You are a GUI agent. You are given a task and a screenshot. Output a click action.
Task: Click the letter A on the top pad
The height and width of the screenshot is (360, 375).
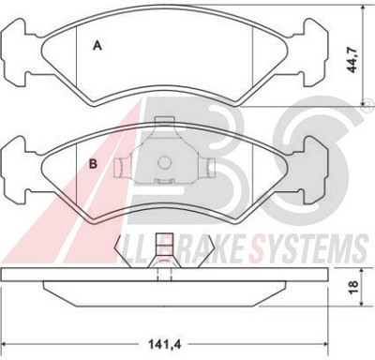tap(97, 46)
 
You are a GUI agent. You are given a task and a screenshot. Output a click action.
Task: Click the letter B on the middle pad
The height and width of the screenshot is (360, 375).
tap(93, 163)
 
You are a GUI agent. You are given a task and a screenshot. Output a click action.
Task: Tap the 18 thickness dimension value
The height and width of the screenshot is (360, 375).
tap(353, 287)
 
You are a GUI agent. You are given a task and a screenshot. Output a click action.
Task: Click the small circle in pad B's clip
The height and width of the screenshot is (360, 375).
tap(164, 162)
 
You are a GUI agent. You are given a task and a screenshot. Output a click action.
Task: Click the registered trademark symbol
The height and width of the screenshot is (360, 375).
tap(368, 102)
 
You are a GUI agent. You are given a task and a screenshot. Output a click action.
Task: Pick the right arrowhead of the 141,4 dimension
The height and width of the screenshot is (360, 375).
tap(323, 344)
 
